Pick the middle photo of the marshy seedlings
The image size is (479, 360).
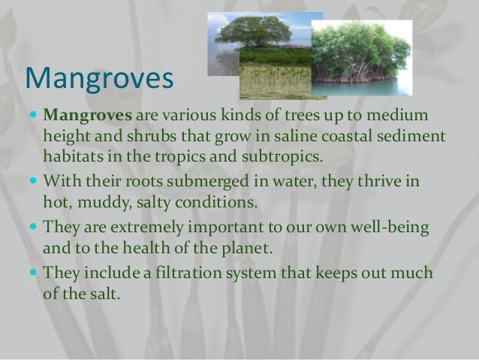tap(274, 75)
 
